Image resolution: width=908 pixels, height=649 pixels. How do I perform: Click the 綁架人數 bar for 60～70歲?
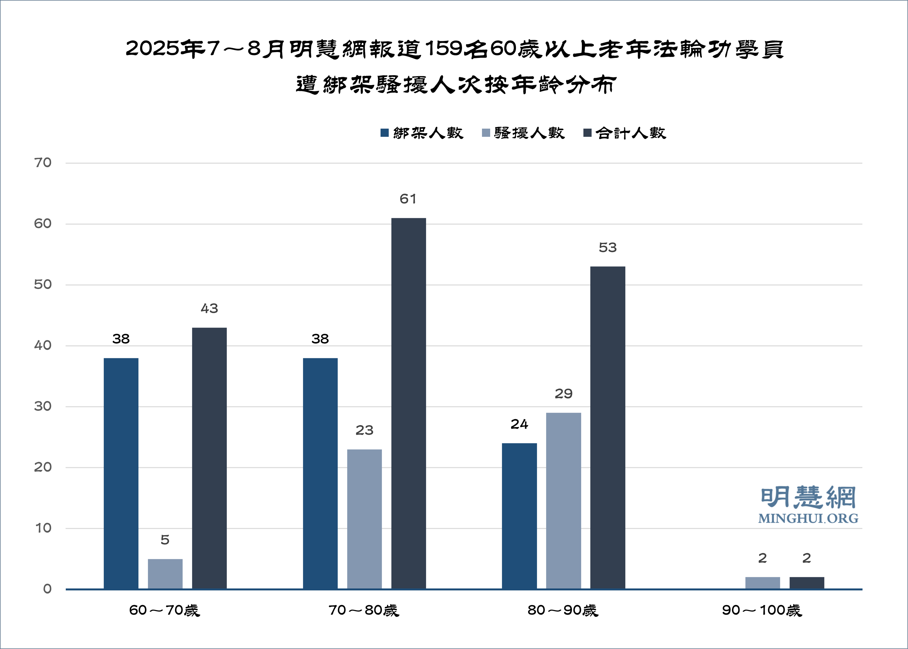point(121,473)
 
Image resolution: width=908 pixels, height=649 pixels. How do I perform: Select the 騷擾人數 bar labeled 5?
point(165,573)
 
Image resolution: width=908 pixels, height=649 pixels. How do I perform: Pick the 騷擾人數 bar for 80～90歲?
point(563,500)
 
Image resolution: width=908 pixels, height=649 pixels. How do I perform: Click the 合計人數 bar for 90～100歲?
point(807,583)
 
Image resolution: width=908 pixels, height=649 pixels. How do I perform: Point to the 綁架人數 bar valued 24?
point(519,515)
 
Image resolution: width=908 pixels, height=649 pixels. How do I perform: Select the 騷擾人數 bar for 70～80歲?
point(364,519)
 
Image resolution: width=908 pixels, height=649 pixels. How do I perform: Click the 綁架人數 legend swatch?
point(384,133)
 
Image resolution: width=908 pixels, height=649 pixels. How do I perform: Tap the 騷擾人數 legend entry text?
point(529,133)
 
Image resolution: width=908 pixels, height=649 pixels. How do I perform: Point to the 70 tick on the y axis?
point(43,163)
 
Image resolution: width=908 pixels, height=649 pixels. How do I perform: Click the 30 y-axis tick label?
point(43,406)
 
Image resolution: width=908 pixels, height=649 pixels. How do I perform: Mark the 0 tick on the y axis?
point(47,589)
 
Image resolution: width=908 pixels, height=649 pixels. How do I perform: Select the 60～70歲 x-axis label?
point(164,610)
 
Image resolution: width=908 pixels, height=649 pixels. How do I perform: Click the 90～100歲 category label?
point(761,610)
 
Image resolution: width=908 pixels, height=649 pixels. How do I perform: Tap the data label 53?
point(608,248)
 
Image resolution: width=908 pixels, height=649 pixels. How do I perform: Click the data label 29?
point(563,394)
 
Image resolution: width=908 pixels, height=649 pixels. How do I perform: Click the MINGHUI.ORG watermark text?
point(808,519)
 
